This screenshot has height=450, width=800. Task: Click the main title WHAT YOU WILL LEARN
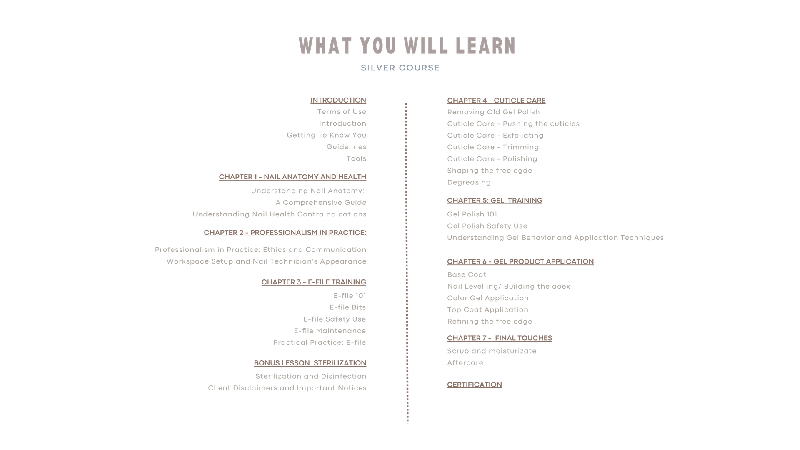point(407,46)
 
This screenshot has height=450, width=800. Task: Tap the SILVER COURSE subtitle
point(400,68)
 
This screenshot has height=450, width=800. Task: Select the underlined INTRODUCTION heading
point(338,101)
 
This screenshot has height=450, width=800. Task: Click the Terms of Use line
point(342,112)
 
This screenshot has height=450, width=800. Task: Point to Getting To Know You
point(327,135)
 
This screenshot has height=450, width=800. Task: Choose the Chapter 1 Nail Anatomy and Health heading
point(292,177)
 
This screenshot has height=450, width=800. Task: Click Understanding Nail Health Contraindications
point(280,214)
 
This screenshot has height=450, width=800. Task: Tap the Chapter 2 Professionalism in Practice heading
point(285,233)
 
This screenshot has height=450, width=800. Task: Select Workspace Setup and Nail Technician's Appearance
point(267,261)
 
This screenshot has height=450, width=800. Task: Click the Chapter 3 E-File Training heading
point(314,282)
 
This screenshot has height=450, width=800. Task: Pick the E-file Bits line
point(348,308)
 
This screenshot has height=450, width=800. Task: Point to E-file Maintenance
point(330,331)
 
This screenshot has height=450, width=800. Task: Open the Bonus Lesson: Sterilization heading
point(310,363)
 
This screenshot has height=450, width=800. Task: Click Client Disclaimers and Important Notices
point(287,388)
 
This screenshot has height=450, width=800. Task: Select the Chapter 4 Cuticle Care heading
point(496,101)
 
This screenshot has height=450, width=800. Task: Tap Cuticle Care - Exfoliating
point(495,136)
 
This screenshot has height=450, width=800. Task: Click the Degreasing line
point(469,183)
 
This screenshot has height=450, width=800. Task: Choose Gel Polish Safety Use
point(487,226)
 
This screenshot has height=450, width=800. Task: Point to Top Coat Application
point(487,310)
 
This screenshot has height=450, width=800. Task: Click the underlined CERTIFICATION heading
point(475,385)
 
